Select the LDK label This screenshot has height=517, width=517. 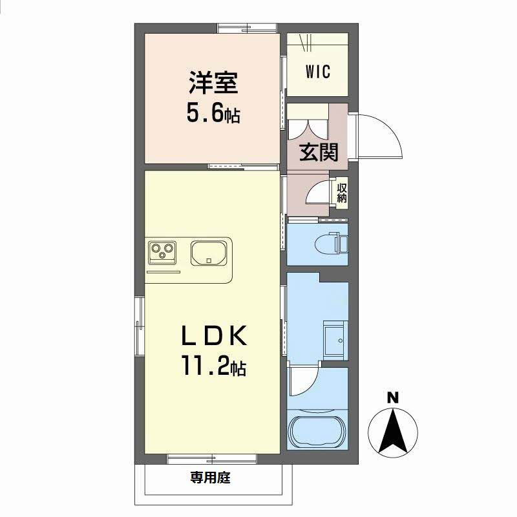[x=214, y=335]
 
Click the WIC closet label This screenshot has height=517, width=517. [x=317, y=72]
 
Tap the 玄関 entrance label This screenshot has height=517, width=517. [x=319, y=153]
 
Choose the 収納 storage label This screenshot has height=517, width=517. [x=342, y=193]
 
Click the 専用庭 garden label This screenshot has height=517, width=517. [x=211, y=478]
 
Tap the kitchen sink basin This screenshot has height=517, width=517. [x=208, y=253]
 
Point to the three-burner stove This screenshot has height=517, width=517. [x=162, y=252]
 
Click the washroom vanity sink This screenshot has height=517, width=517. [x=335, y=340]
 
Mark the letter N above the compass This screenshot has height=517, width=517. [x=392, y=397]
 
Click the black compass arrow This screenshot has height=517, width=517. [x=392, y=430]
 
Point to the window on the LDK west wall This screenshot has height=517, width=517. [x=140, y=326]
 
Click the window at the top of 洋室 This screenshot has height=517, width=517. [x=248, y=28]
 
